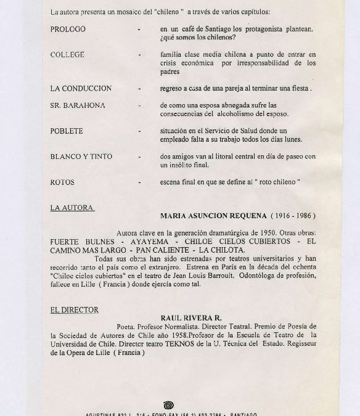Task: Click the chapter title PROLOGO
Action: point(68,29)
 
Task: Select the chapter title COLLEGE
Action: point(66,55)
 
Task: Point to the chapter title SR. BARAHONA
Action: point(78,105)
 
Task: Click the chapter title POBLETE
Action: point(67,131)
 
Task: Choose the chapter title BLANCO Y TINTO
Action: point(81,157)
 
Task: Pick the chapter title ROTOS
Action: point(62,182)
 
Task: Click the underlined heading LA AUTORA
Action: point(72,208)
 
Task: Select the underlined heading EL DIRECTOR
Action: point(75,309)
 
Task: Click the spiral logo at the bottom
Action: point(168,404)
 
